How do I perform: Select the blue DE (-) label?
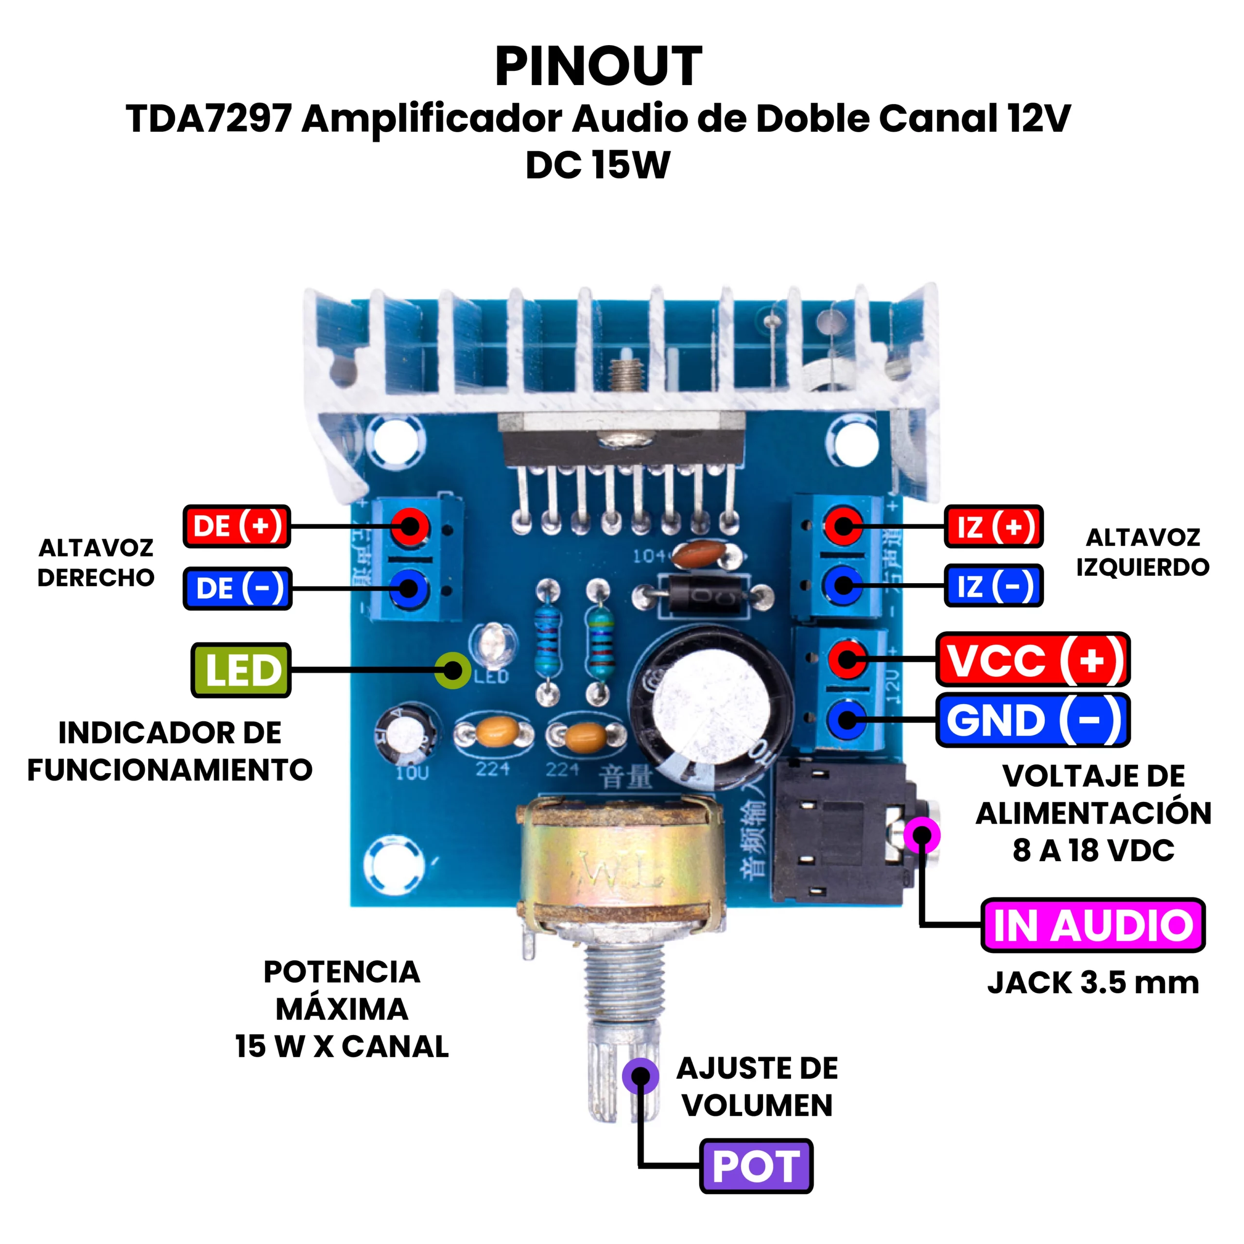[238, 588]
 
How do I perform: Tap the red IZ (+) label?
[993, 526]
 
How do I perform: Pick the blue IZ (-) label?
[993, 585]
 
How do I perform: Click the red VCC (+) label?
[1033, 659]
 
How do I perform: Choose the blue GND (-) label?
[1033, 720]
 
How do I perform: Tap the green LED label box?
[242, 670]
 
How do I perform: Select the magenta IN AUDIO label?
[1093, 925]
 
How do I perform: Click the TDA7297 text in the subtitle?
[209, 119]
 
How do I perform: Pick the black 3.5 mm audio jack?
[840, 830]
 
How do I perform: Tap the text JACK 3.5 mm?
[1093, 983]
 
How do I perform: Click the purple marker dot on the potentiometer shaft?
[640, 1075]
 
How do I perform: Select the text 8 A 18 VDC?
[1093, 850]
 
